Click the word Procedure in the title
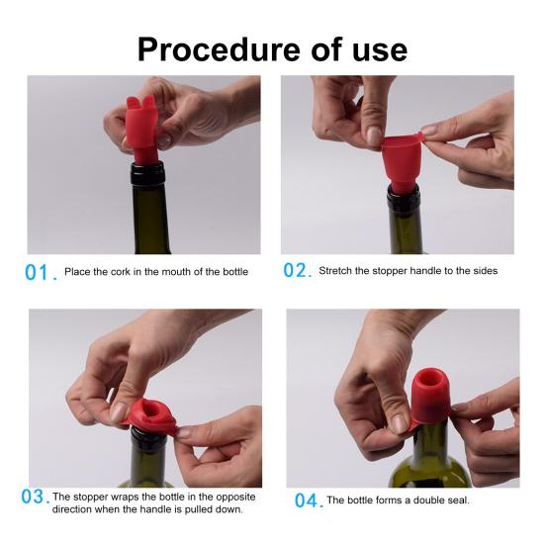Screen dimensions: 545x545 [x=219, y=49]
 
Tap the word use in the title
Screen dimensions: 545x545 [x=380, y=52]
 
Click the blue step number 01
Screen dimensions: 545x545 [x=37, y=273]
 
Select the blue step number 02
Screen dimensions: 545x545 [x=295, y=270]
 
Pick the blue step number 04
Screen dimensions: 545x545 [x=306, y=500]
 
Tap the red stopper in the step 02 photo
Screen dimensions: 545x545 [x=404, y=161]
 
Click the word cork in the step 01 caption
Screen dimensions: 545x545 [x=120, y=272]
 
